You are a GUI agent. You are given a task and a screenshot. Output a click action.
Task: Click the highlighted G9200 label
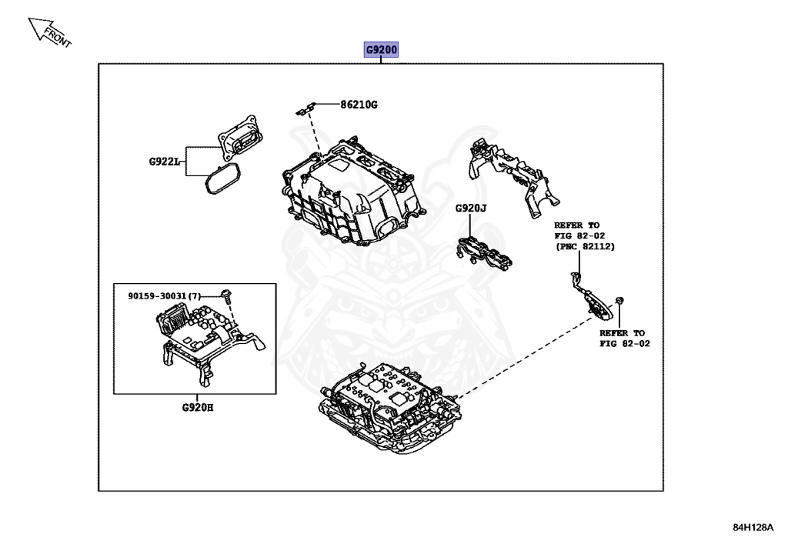pyautogui.click(x=382, y=51)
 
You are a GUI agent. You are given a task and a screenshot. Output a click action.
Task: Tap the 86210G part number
pyautogui.click(x=359, y=104)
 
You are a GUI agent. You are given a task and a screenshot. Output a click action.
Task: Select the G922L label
pyautogui.click(x=164, y=162)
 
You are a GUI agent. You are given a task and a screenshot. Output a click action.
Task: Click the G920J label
pyautogui.click(x=471, y=208)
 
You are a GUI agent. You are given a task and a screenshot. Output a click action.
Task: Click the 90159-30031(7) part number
pyautogui.click(x=164, y=295)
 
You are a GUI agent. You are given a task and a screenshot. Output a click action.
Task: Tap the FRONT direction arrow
pyautogui.click(x=48, y=32)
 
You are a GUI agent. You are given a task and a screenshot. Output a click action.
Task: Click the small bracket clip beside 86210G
pyautogui.click(x=307, y=107)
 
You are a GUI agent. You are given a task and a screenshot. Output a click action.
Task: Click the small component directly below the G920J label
pyautogui.click(x=482, y=252)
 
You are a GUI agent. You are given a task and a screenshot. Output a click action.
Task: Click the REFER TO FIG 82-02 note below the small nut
pyautogui.click(x=624, y=339)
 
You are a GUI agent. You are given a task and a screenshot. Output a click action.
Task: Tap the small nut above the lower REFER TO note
pyautogui.click(x=620, y=299)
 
